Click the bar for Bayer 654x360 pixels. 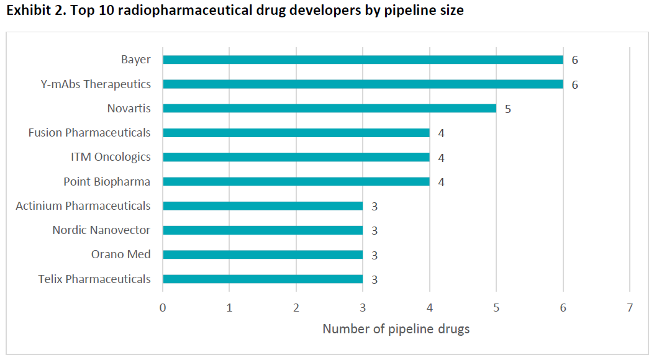pos(363,60)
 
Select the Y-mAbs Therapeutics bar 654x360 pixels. pos(363,84)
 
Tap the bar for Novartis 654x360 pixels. pos(329,108)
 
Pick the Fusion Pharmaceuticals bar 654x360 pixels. pos(296,132)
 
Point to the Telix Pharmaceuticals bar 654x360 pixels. pos(262,279)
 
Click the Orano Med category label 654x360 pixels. pos(120,254)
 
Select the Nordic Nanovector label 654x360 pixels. pos(101,230)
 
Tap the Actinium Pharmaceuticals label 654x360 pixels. pos(83,205)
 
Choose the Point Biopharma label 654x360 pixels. pos(107,181)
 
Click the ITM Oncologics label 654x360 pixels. pos(111,157)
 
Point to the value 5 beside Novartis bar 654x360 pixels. pos(507,109)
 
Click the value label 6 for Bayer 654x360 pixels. pos(575,60)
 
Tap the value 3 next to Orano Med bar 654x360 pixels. pos(375,255)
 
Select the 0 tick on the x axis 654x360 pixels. pos(163,307)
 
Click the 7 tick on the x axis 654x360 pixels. pos(630,307)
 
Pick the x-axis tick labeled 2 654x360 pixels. pos(296,307)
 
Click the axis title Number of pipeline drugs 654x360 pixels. pos(396,329)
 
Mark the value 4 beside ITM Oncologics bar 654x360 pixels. pos(441,158)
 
